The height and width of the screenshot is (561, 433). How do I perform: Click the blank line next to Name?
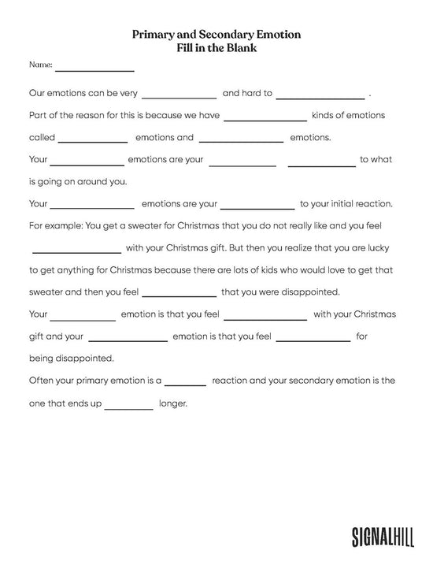[94, 68]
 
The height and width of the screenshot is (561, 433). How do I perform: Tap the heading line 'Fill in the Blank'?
[216, 48]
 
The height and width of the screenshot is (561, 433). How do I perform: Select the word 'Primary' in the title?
[153, 35]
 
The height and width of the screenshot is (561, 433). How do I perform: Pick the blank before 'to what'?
[321, 162]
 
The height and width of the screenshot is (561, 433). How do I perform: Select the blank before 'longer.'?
[128, 407]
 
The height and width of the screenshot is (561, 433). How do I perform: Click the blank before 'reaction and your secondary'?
[185, 383]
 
